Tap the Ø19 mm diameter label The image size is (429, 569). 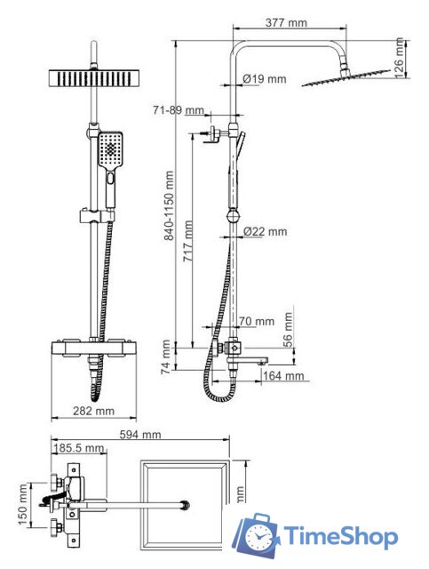pyautogui.click(x=265, y=79)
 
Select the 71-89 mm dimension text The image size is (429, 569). pyautogui.click(x=179, y=110)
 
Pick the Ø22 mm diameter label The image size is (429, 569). pyautogui.click(x=266, y=232)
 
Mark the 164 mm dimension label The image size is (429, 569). pyautogui.click(x=283, y=376)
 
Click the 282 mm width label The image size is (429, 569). pyautogui.click(x=94, y=411)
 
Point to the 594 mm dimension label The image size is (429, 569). pyautogui.click(x=140, y=435)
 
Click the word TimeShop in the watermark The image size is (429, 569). pyautogui.click(x=340, y=536)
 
